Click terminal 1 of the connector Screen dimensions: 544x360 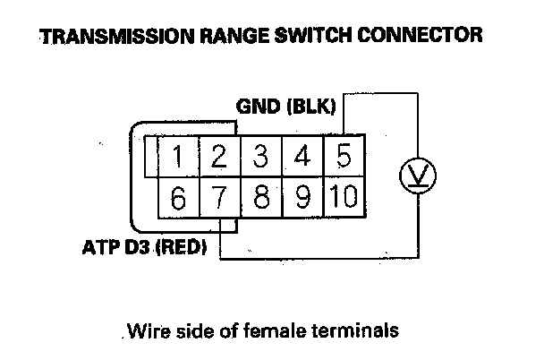(178, 156)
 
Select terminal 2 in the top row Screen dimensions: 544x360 (219, 156)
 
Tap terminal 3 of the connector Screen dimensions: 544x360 (261, 156)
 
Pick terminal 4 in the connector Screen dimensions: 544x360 (302, 156)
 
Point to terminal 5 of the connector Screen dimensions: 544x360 (344, 156)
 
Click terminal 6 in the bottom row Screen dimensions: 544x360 (178, 198)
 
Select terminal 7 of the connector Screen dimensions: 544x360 (219, 198)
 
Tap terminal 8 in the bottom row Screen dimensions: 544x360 (261, 198)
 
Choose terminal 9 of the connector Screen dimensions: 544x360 (303, 198)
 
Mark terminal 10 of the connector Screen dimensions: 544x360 (344, 198)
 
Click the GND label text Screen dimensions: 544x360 (258, 107)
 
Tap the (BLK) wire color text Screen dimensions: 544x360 (311, 107)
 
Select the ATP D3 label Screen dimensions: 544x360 (116, 247)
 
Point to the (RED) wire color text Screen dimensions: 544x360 (181, 247)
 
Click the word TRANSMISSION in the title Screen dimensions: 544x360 (117, 36)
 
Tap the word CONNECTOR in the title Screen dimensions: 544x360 (420, 35)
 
